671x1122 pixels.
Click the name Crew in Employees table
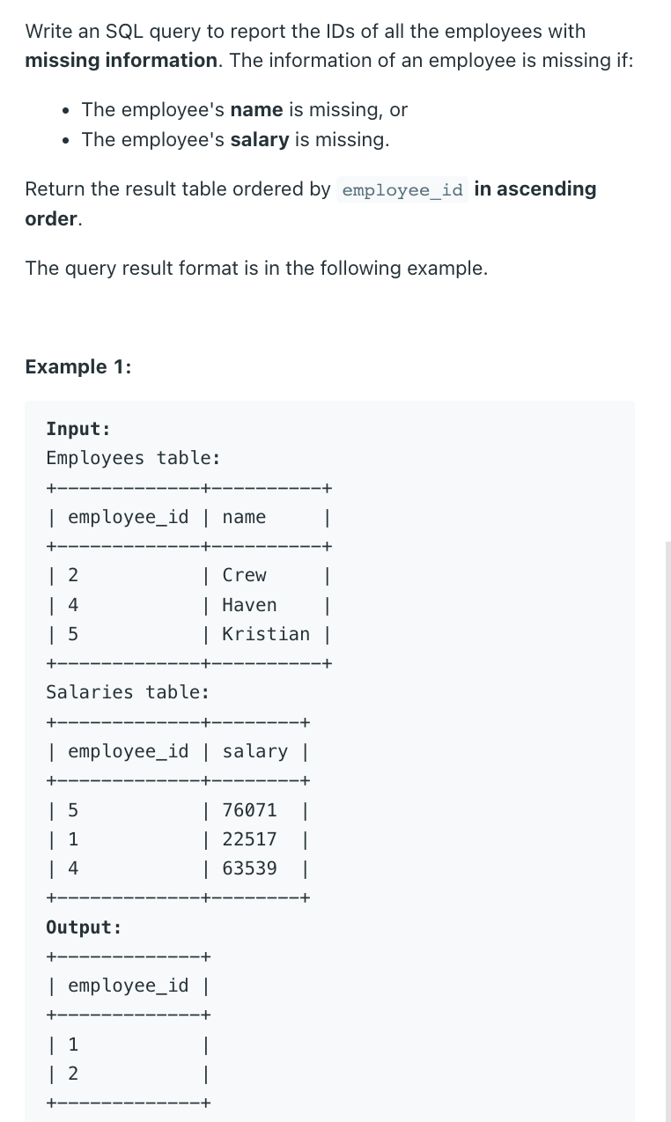244,575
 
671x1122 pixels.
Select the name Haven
249,605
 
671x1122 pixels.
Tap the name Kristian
266,634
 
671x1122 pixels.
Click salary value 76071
249,809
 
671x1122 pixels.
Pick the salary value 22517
249,839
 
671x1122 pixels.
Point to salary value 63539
249,868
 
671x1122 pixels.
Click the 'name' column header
244,517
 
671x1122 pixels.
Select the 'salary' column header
254,751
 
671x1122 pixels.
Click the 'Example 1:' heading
78,366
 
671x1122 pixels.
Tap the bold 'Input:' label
78,429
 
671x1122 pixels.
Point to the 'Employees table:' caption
133,458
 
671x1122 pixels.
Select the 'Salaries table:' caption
128,692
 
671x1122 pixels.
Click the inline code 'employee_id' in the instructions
402,190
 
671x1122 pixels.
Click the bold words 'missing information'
121,61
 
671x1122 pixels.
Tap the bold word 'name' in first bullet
256,110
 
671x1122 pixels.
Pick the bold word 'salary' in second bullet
260,140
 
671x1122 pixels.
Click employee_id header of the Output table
128,985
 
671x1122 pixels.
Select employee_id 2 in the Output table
73,1074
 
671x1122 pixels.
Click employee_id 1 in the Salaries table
73,839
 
